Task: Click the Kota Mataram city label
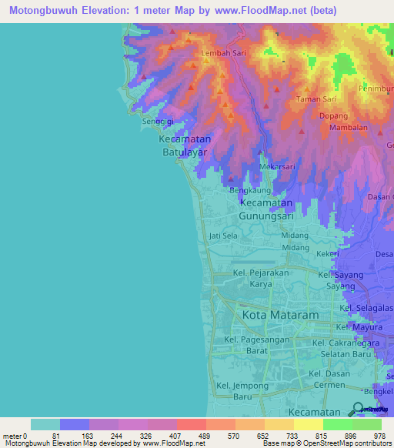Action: (x=280, y=316)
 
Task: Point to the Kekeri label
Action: (x=328, y=253)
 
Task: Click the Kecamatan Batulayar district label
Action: (x=185, y=146)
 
